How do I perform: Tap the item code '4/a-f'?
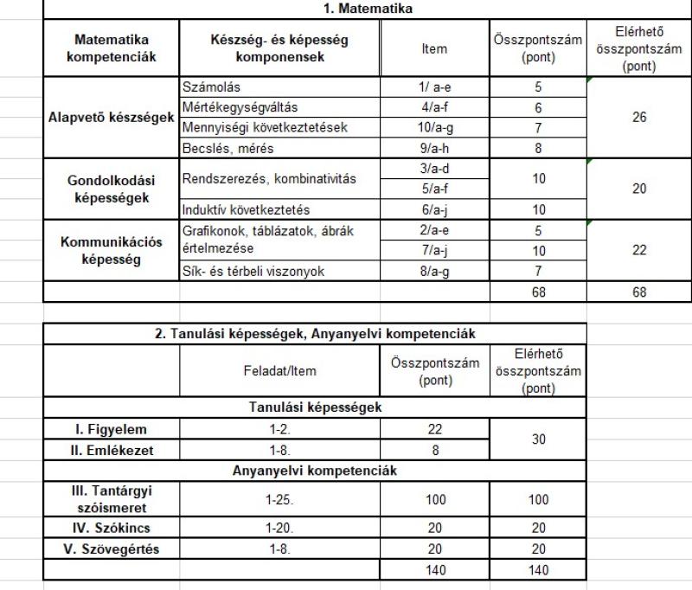tap(434, 107)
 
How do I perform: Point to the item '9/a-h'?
tap(434, 148)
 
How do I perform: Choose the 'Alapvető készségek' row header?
tap(111, 118)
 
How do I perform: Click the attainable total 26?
tap(639, 118)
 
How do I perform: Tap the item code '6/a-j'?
tap(434, 210)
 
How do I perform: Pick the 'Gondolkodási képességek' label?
tap(111, 189)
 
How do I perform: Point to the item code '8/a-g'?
tap(434, 272)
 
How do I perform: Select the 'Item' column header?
tap(434, 48)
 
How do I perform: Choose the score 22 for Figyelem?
tap(434, 429)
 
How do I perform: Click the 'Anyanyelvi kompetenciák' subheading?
tap(316, 471)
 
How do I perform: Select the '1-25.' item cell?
tap(279, 499)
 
